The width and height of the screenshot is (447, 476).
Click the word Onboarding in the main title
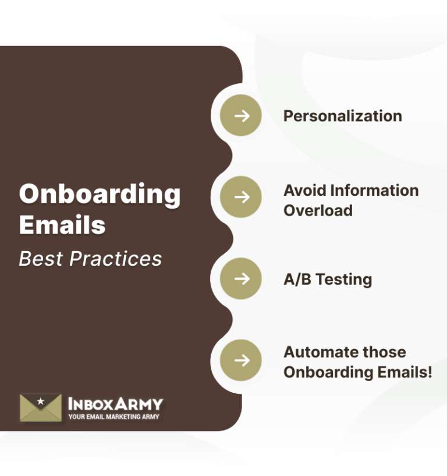100,195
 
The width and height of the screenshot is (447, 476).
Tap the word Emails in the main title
62,225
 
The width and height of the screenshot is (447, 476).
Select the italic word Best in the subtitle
41,259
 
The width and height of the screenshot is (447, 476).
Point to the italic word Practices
116,259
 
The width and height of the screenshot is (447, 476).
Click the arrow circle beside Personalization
241,115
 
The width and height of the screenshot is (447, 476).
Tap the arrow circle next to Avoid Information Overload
241,197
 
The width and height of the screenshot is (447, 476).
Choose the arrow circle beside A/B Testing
241,278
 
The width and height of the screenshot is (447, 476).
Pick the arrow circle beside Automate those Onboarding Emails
241,360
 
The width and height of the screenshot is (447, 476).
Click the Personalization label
342,116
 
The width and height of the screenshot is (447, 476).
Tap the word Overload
318,210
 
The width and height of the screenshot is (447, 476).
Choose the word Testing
343,280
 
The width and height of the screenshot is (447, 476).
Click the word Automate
320,352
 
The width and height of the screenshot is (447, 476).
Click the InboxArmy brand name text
115,404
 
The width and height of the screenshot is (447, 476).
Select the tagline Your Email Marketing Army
113,417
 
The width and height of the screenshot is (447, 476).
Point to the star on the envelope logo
40,401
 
